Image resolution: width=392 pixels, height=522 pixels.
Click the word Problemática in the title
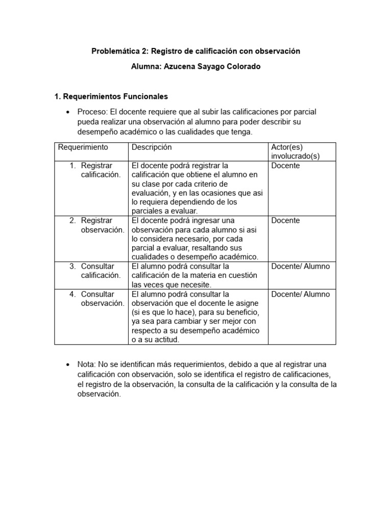pos(114,51)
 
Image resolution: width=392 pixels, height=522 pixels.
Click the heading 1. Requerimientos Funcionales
pos(111,96)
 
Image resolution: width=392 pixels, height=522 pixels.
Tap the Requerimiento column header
pos(83,147)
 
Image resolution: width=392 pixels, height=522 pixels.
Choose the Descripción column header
pos(152,147)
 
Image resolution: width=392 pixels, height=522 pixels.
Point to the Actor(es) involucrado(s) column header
pos(296,152)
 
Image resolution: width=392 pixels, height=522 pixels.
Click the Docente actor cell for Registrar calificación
pos(286,166)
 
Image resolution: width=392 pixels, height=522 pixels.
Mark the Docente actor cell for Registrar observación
pos(286,221)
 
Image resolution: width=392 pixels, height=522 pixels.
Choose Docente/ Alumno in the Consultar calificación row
pos(301,266)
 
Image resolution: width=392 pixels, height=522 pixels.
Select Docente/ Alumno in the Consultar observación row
pos(301,294)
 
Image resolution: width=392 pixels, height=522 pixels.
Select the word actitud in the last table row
pos(164,340)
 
